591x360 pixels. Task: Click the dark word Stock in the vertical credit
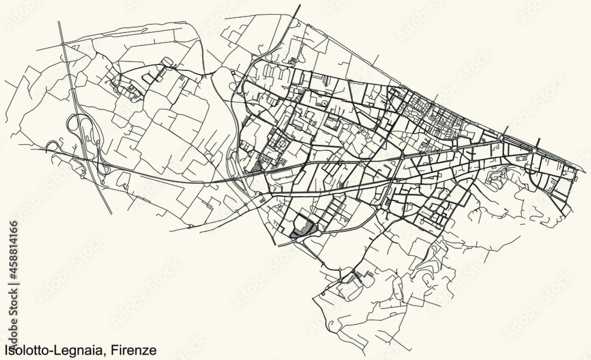[x=13, y=291]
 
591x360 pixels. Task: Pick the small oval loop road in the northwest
[x=167, y=60]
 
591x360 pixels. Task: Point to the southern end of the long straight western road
[x=111, y=213]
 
